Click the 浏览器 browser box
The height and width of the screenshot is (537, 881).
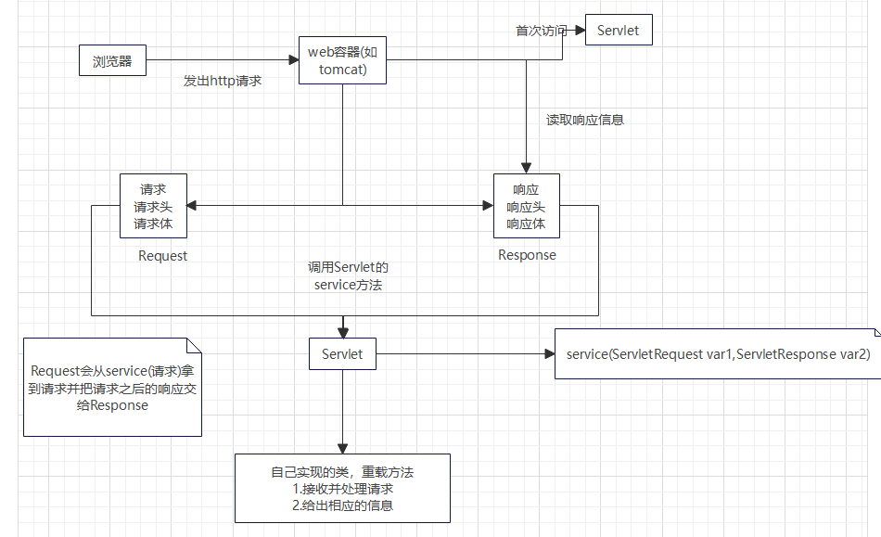click(112, 62)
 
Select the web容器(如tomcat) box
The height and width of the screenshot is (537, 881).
click(342, 60)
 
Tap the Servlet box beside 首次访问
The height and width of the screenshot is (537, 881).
click(619, 31)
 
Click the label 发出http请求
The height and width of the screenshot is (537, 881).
click(223, 82)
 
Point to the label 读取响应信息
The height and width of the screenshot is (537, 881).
click(584, 120)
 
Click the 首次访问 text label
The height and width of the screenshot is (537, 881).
click(541, 31)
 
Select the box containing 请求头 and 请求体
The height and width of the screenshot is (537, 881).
click(153, 205)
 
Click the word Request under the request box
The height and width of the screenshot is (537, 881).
click(162, 256)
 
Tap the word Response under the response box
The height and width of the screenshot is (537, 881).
click(527, 255)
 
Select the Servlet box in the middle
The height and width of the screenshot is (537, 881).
click(342, 353)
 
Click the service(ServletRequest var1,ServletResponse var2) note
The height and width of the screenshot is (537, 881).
click(718, 353)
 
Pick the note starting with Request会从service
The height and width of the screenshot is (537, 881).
click(112, 387)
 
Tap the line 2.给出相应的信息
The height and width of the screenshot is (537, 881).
click(342, 505)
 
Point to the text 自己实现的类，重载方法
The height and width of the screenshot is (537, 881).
click(342, 472)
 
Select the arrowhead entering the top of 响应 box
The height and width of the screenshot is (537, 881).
click(526, 169)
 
